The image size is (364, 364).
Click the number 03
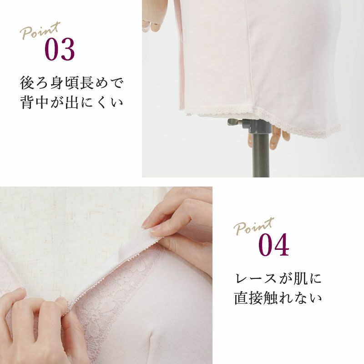tap(60, 49)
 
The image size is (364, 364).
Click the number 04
tap(274, 245)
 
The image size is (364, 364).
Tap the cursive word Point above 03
tap(40, 30)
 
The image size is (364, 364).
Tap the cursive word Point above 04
tap(254, 226)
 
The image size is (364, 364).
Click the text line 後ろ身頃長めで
tap(71, 83)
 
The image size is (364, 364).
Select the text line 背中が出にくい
tap(71, 102)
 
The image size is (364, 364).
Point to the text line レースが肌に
tap(278, 278)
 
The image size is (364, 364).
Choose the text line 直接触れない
tap(278, 298)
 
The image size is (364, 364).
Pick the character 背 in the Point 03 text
tap(27, 102)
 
